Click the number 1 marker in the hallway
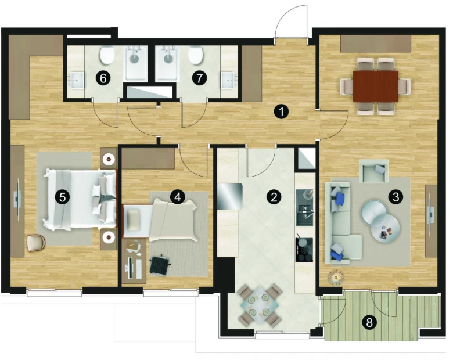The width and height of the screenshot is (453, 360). pyautogui.click(x=281, y=111)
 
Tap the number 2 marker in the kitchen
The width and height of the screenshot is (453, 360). pyautogui.click(x=274, y=197)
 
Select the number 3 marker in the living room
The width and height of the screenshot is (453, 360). pyautogui.click(x=396, y=197)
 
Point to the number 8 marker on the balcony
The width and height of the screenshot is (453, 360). pyautogui.click(x=369, y=322)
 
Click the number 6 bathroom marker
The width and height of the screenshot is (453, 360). pyautogui.click(x=103, y=78)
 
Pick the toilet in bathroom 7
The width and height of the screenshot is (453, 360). pyautogui.click(x=196, y=56)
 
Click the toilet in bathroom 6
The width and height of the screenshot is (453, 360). pyautogui.click(x=107, y=56)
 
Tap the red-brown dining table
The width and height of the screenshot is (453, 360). pyautogui.click(x=376, y=87)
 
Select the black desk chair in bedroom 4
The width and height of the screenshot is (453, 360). pyautogui.click(x=160, y=264)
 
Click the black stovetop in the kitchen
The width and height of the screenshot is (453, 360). pyautogui.click(x=304, y=250)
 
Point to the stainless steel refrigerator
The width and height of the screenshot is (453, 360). pyautogui.click(x=229, y=196)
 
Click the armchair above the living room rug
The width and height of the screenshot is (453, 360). pyautogui.click(x=373, y=171)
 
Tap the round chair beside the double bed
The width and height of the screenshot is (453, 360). pyautogui.click(x=36, y=243)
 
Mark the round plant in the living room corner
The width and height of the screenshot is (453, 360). pyautogui.click(x=336, y=278)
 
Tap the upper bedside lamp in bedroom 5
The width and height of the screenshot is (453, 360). pyautogui.click(x=109, y=159)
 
